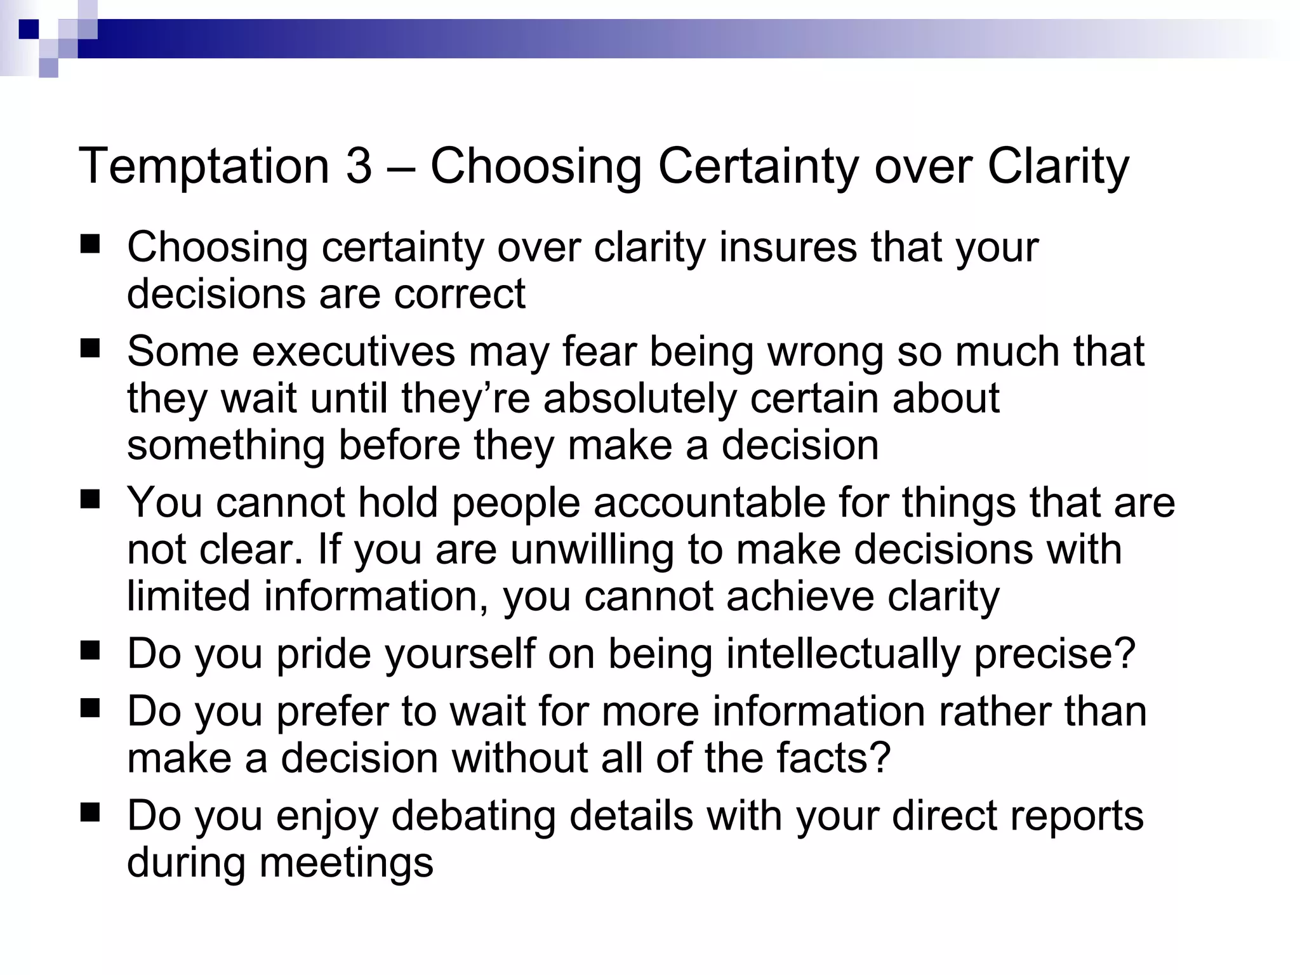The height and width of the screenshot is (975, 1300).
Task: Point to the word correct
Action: (459, 294)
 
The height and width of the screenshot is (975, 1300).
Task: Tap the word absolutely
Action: (640, 399)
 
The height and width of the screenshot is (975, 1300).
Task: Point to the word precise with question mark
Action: (1054, 654)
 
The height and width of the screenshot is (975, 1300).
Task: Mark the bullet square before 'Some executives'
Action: (91, 349)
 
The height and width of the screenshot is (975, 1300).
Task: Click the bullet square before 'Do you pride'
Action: (91, 651)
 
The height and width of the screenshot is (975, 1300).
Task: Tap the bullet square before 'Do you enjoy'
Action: (91, 812)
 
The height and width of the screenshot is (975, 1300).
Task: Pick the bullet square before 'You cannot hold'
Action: (91, 500)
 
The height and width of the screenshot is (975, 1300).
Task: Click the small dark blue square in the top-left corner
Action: (29, 29)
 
